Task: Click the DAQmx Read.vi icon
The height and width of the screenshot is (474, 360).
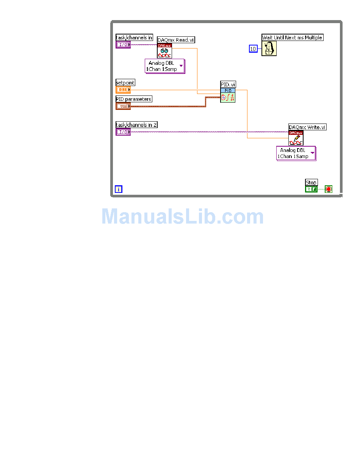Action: point(164,50)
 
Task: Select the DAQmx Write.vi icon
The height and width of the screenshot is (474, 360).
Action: point(296,138)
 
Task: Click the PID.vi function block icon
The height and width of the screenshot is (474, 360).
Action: point(228,95)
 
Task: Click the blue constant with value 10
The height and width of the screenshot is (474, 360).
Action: point(253,48)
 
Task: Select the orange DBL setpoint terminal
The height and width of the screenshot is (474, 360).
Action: point(123,90)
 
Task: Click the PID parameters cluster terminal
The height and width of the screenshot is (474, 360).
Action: point(123,106)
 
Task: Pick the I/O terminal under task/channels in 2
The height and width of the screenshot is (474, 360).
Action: point(123,132)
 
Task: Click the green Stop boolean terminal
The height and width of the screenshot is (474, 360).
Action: point(311,189)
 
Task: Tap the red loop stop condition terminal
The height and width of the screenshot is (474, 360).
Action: point(329,189)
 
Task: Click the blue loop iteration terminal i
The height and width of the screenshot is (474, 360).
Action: point(118,189)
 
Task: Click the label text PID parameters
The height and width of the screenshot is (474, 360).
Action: point(134,99)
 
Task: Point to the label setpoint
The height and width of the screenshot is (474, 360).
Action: point(125,83)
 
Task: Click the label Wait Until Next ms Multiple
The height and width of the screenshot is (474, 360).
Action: point(292,38)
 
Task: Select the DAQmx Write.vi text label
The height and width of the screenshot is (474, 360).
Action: point(307,127)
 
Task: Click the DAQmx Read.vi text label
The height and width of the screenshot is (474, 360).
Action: point(176,40)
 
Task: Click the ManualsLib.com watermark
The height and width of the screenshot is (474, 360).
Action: point(183,217)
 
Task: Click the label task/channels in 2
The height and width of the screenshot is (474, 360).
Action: point(136,125)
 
